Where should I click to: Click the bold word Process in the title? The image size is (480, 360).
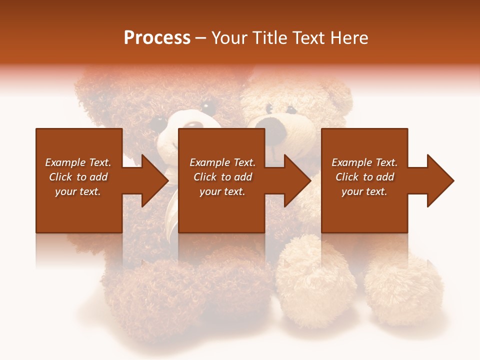coord(157,38)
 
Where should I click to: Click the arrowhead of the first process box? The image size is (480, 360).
coord(155,180)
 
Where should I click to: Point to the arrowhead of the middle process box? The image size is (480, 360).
coord(298,180)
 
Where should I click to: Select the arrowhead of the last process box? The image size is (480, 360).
coord(441,180)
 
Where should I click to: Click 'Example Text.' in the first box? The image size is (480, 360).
coord(78,162)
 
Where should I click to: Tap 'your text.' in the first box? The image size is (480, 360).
coord(78,191)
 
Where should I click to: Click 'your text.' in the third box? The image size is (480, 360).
coord(364,191)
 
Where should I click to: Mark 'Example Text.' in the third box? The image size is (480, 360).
coord(364,162)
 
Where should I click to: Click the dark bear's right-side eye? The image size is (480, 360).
coord(207,106)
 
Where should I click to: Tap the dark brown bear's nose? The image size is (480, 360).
coord(194,125)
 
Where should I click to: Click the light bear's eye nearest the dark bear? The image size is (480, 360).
coord(269,108)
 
